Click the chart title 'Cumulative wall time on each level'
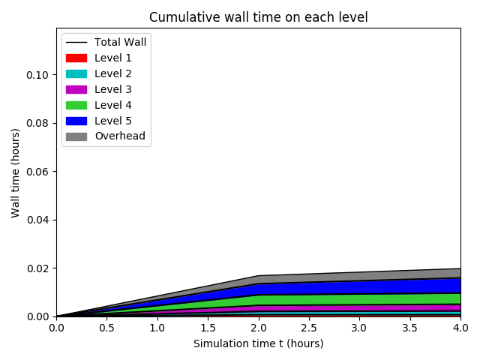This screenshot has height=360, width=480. (258, 17)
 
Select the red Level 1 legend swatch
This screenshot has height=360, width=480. (76, 58)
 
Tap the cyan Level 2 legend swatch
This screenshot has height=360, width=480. (76, 73)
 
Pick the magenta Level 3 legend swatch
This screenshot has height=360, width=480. (76, 89)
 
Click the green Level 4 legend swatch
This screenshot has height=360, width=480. (76, 105)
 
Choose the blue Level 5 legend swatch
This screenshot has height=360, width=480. (76, 121)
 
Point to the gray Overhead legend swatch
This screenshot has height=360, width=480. (76, 136)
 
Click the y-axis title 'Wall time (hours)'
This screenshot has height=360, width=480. (15, 172)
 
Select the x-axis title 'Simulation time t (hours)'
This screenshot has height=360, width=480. (258, 344)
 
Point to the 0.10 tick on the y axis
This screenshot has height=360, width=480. (37, 75)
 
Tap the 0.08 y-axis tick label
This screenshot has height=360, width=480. (37, 123)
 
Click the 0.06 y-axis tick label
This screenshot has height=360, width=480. (37, 172)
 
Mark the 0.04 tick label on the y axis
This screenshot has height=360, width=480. (37, 220)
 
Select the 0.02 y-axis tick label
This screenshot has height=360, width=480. (37, 268)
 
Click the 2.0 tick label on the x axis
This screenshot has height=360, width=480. (258, 328)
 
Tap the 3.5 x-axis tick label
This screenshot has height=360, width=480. (409, 328)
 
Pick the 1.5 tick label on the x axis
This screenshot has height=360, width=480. (208, 328)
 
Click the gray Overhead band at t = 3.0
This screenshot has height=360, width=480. (359, 276)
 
